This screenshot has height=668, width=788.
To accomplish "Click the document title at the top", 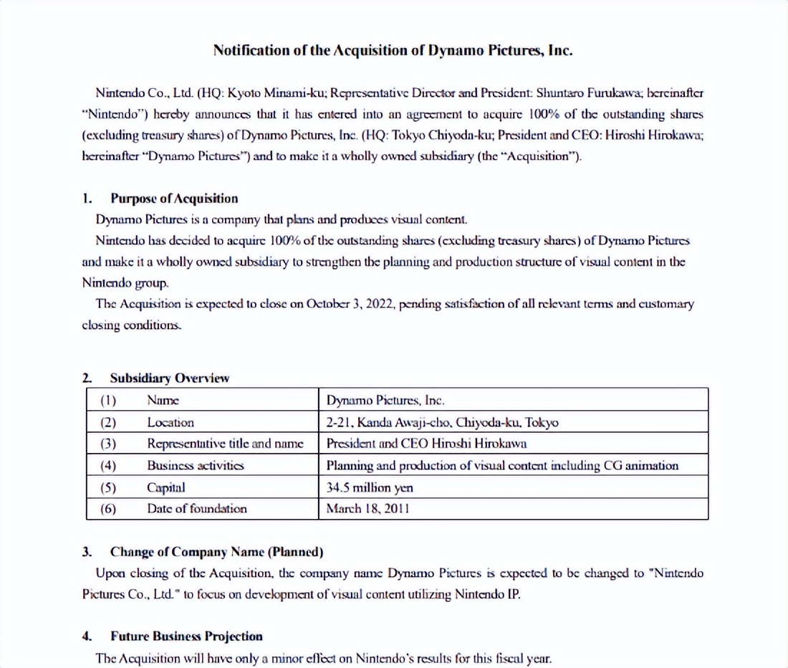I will coord(393,50).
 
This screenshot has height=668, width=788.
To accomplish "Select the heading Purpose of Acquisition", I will coord(174,199).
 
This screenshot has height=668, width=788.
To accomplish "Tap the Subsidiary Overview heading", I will coord(169,378).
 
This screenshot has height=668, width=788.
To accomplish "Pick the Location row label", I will coord(170,422).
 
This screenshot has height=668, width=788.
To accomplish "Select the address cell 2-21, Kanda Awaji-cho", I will coord(442,422).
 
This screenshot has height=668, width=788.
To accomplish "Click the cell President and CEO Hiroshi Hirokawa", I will coord(426,444).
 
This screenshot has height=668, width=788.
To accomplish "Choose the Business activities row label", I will coord(196,465).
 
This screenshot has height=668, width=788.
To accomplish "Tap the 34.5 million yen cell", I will coord(369,487).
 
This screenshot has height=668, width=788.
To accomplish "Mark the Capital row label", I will coord(166,487).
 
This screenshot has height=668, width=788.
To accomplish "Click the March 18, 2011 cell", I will coord(367,509).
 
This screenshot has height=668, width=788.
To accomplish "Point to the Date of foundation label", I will coord(197,509).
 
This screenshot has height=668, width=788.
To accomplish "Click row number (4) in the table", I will coord(108,465).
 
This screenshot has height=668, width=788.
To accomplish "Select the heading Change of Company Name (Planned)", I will coord(216,552).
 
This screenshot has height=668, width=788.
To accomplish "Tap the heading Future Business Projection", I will coord(186,636).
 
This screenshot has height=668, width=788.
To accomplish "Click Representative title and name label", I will coord(226,444).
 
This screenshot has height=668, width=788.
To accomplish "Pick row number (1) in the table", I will coord(108,401).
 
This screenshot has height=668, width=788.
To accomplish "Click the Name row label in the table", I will coord(163,401).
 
